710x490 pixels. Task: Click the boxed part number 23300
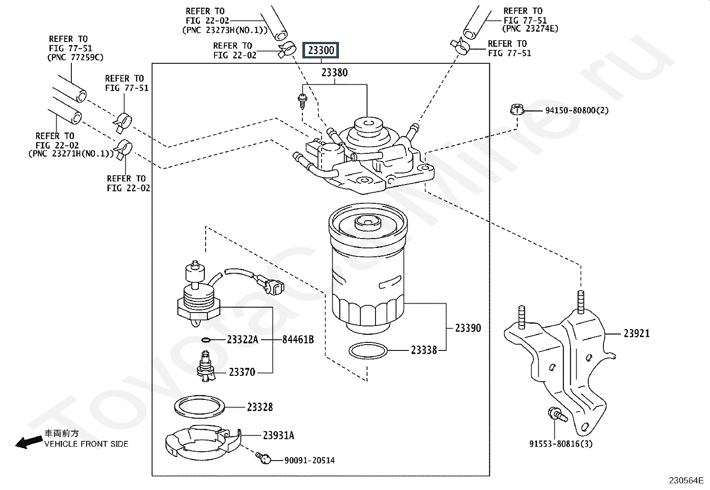coord(321,50)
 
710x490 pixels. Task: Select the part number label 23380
coord(334,73)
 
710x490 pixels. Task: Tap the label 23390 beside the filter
coord(468,328)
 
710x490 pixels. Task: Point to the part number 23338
coord(424,350)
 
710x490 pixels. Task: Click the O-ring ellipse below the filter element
coord(367,351)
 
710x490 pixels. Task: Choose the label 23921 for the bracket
coord(636,334)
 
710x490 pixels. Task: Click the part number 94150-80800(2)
coord(577,110)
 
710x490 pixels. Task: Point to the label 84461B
coord(298,340)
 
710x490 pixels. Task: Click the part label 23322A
coord(242,340)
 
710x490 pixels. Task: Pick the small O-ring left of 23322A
coord(206,340)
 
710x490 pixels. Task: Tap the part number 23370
coord(242,372)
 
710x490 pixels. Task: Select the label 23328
coord(260,407)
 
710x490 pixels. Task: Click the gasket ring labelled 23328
coord(198,407)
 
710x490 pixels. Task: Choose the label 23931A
coord(278,436)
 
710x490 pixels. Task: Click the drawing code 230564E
coord(686,481)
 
